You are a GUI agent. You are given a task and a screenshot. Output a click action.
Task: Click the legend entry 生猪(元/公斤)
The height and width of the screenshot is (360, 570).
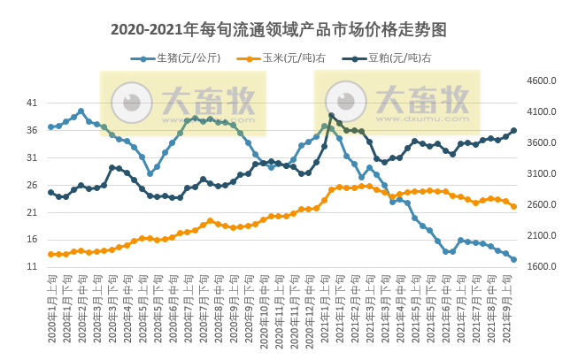[x=181, y=58]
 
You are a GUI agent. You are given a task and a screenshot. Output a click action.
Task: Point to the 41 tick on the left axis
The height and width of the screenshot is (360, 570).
[x=32, y=103]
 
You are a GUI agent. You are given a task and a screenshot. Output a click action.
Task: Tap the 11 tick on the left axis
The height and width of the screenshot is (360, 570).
[x=32, y=267]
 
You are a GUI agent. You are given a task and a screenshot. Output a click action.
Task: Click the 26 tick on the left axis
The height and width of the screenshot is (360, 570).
[x=32, y=185]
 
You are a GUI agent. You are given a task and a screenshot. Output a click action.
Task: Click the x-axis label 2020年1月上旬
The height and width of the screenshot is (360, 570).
[x=51, y=310]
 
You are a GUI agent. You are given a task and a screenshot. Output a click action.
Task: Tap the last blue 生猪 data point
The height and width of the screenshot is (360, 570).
[x=513, y=259]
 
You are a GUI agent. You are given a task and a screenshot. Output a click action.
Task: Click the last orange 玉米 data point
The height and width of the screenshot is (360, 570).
[x=513, y=206]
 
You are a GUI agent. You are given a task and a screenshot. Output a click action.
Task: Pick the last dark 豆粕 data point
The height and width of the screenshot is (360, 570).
[x=513, y=131]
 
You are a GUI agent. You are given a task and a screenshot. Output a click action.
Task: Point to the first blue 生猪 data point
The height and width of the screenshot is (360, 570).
[x=50, y=126]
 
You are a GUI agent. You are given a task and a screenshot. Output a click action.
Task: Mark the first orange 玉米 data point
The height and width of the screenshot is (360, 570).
[x=50, y=254]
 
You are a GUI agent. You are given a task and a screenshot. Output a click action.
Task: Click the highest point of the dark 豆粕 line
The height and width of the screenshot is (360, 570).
[x=331, y=115]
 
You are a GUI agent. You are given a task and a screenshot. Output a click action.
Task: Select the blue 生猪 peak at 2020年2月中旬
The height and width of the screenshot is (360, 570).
[x=81, y=111]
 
